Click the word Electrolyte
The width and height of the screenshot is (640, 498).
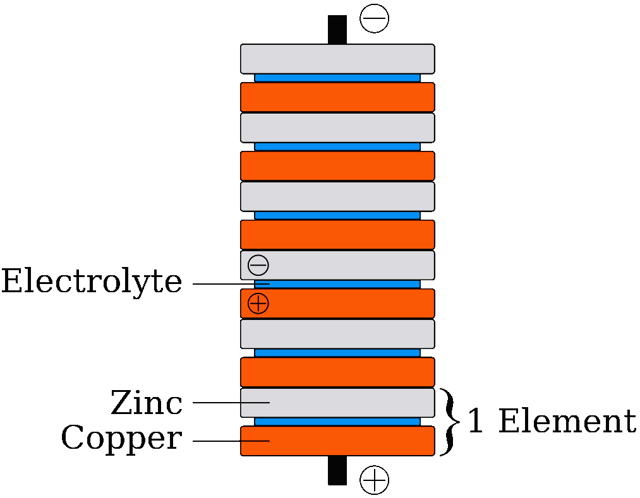(92, 282)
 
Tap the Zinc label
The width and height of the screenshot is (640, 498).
(147, 402)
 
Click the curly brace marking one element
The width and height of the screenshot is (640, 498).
(449, 422)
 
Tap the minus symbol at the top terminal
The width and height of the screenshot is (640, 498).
(374, 18)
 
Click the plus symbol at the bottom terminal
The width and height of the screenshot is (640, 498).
(374, 480)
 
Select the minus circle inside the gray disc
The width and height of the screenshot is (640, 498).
(258, 265)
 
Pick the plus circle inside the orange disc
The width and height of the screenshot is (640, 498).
(258, 304)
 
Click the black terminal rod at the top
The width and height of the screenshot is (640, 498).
(337, 30)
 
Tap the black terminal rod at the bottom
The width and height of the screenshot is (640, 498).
(337, 470)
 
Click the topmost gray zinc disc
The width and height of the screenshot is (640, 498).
(337, 59)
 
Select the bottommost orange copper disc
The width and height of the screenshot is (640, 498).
(337, 441)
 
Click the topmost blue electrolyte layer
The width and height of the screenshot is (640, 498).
(337, 78)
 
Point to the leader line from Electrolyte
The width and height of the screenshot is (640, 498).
(231, 284)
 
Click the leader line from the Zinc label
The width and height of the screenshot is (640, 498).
(231, 403)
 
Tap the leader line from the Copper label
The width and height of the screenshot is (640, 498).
(231, 441)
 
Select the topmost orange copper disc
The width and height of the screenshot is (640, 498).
(337, 97)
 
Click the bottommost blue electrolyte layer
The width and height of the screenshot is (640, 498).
(337, 422)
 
